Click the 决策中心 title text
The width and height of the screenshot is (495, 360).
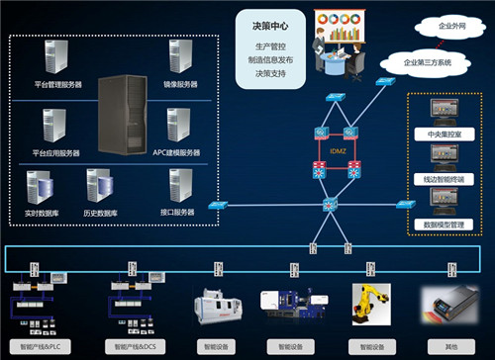click(260, 24)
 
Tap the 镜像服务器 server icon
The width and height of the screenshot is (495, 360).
click(178, 60)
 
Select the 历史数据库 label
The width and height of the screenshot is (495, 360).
click(102, 213)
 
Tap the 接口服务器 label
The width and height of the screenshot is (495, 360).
click(179, 213)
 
